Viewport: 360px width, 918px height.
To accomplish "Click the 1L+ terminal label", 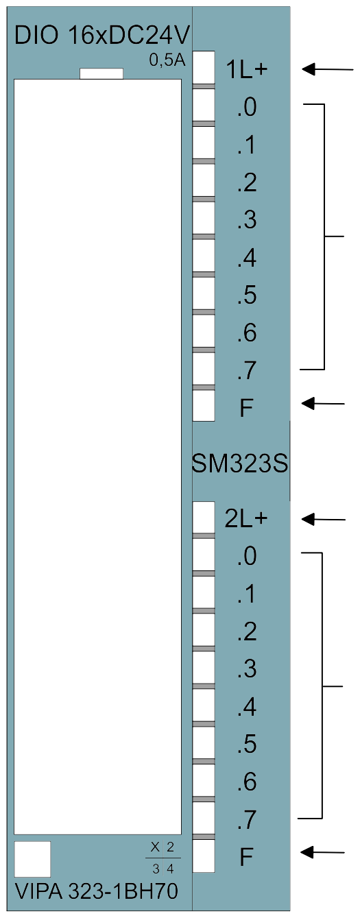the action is point(246,70).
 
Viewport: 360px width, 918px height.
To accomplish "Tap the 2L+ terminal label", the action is point(246,519).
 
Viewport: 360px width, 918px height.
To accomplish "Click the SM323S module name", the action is point(240,464).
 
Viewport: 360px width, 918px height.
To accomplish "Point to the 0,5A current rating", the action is point(167,60).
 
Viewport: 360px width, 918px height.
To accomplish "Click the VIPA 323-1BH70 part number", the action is point(97,891).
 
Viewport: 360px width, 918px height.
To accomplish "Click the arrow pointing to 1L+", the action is point(327,69).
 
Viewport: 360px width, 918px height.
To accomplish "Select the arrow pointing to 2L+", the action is point(323,519).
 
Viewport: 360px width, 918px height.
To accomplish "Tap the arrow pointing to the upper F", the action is point(323,403).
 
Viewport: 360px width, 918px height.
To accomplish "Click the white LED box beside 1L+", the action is point(204,68).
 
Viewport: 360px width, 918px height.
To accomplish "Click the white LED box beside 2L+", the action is point(204,517).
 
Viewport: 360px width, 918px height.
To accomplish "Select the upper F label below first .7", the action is point(246,408).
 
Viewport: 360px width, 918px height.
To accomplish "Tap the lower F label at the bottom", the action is point(246,857).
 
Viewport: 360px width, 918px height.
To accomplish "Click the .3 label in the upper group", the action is point(247,219).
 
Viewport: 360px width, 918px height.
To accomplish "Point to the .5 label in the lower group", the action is point(247,744).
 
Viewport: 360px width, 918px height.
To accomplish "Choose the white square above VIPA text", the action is point(32,860).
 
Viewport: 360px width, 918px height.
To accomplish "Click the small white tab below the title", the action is point(101,73).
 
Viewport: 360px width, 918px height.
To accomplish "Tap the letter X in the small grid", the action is point(155,847).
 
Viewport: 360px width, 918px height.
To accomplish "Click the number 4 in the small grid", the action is point(170,869).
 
